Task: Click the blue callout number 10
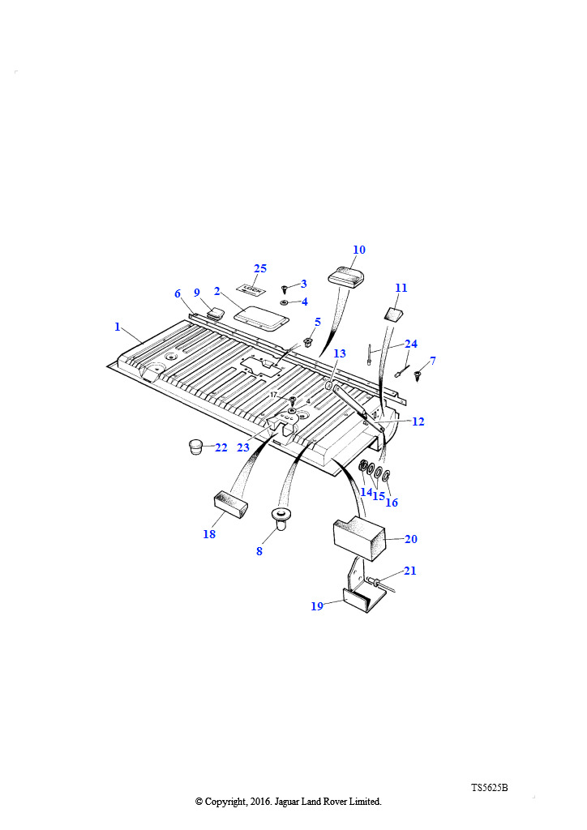point(359,250)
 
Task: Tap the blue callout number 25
point(260,268)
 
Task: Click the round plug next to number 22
point(196,447)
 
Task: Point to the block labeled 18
point(231,504)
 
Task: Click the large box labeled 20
point(359,538)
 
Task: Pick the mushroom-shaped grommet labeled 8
point(281,518)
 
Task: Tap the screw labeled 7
point(418,376)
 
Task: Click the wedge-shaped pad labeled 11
point(392,314)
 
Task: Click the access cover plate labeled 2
point(262,319)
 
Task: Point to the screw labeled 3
point(285,289)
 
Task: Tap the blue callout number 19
point(317,606)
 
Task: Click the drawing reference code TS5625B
point(490,787)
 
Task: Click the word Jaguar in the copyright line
point(287,802)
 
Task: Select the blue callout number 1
point(118,327)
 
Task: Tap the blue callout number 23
point(243,447)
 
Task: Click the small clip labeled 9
point(214,313)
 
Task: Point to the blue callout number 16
point(392,503)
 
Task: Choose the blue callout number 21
point(410,571)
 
